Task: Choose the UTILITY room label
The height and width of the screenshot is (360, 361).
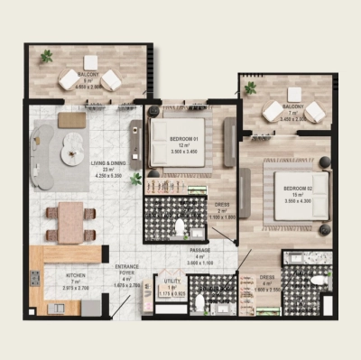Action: tap(172, 282)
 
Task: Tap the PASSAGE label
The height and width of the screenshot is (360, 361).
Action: tap(199, 250)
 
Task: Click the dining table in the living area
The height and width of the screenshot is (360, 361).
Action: tap(70, 220)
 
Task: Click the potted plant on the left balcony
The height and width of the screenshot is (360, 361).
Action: tap(45, 57)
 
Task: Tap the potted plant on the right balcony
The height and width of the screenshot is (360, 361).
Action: tap(250, 88)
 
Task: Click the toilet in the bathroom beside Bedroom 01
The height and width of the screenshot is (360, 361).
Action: tap(179, 226)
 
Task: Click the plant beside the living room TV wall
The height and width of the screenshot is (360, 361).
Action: tap(135, 179)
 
